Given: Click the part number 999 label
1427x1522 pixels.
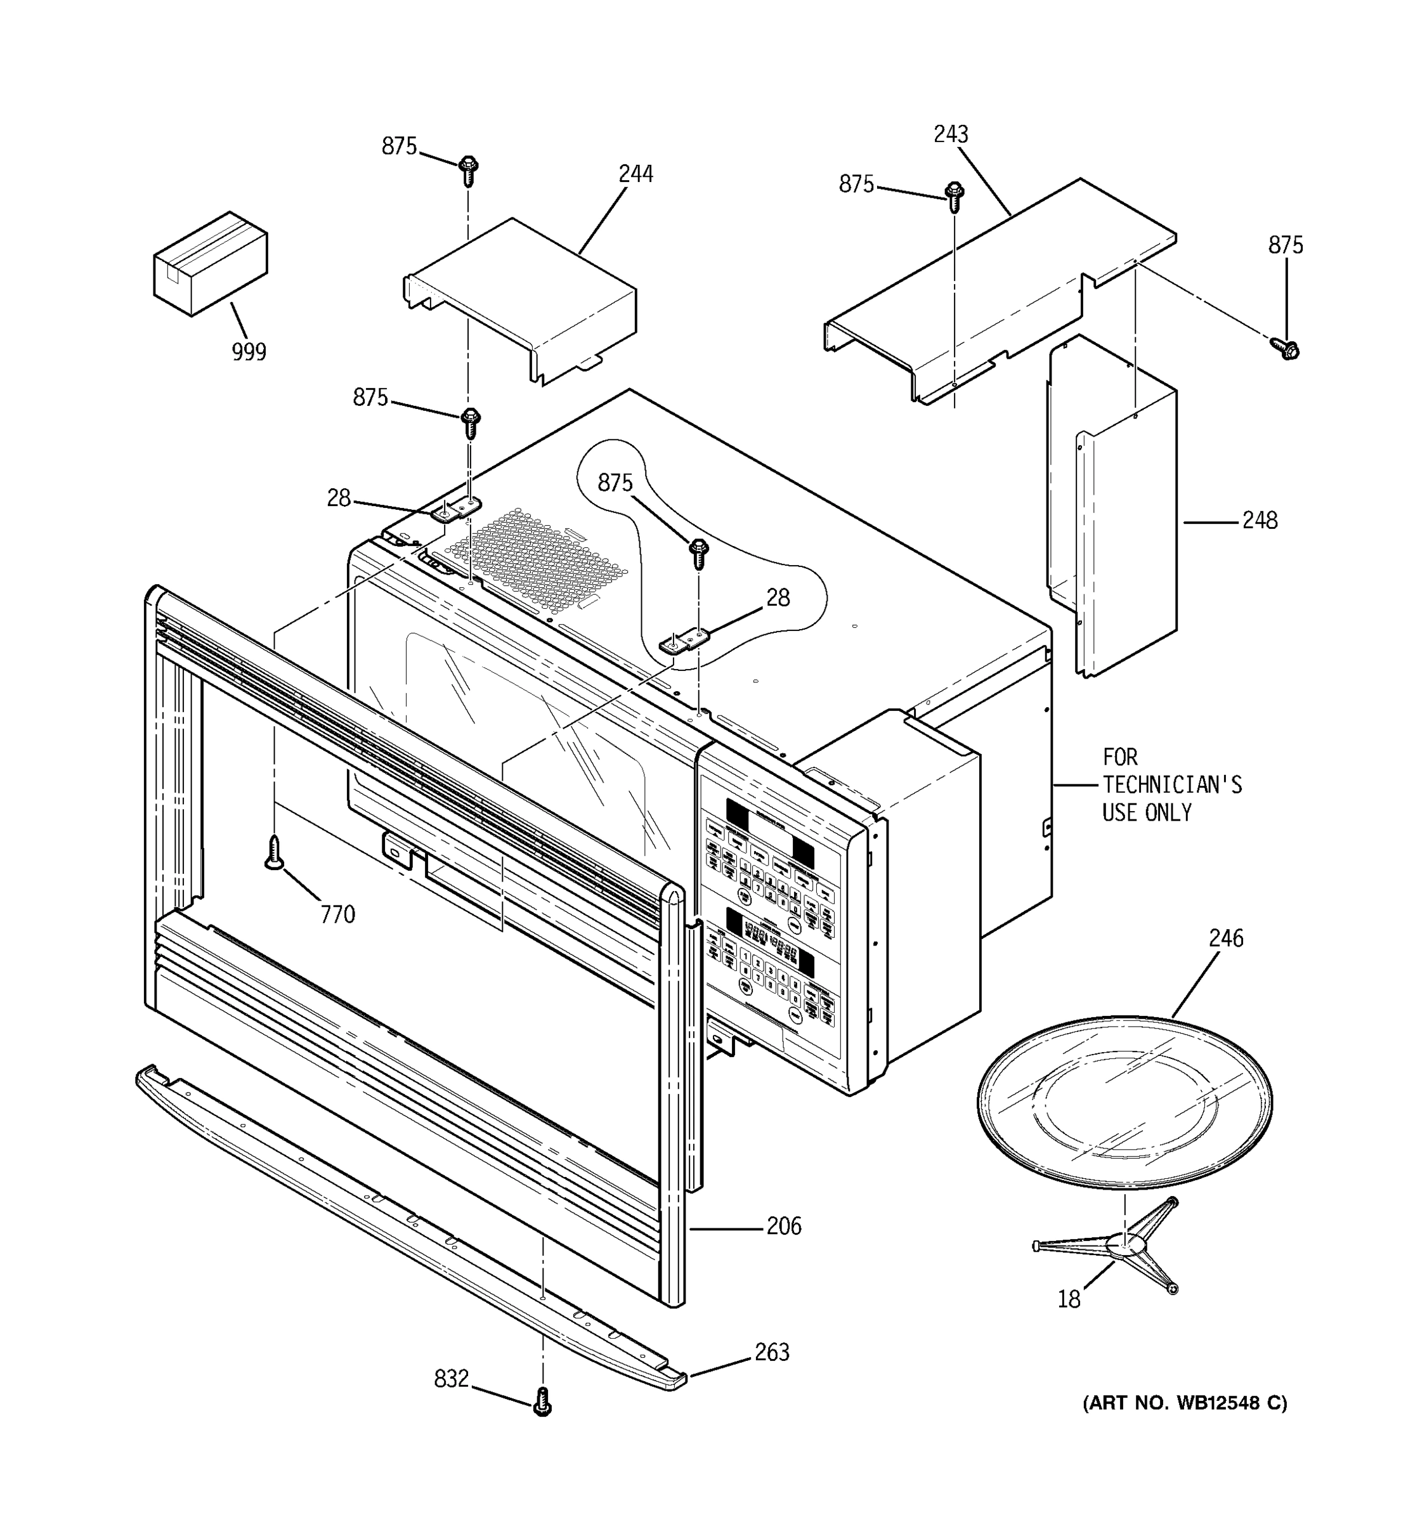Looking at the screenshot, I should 249,352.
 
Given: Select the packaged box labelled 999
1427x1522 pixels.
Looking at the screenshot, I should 211,263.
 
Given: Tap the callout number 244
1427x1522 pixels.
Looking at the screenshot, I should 635,174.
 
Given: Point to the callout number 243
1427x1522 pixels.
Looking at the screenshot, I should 951,134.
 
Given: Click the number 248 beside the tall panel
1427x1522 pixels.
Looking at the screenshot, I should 1260,521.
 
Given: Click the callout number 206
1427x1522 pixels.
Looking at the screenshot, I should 784,1226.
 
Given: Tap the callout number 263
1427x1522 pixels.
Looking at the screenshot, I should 772,1352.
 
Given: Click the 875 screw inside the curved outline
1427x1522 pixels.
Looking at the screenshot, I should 698,553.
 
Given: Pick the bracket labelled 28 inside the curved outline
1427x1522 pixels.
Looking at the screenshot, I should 684,640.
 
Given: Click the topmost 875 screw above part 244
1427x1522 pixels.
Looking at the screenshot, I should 469,170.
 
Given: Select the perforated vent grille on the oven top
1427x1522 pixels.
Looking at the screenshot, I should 536,559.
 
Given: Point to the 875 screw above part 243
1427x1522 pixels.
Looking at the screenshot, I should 954,196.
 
